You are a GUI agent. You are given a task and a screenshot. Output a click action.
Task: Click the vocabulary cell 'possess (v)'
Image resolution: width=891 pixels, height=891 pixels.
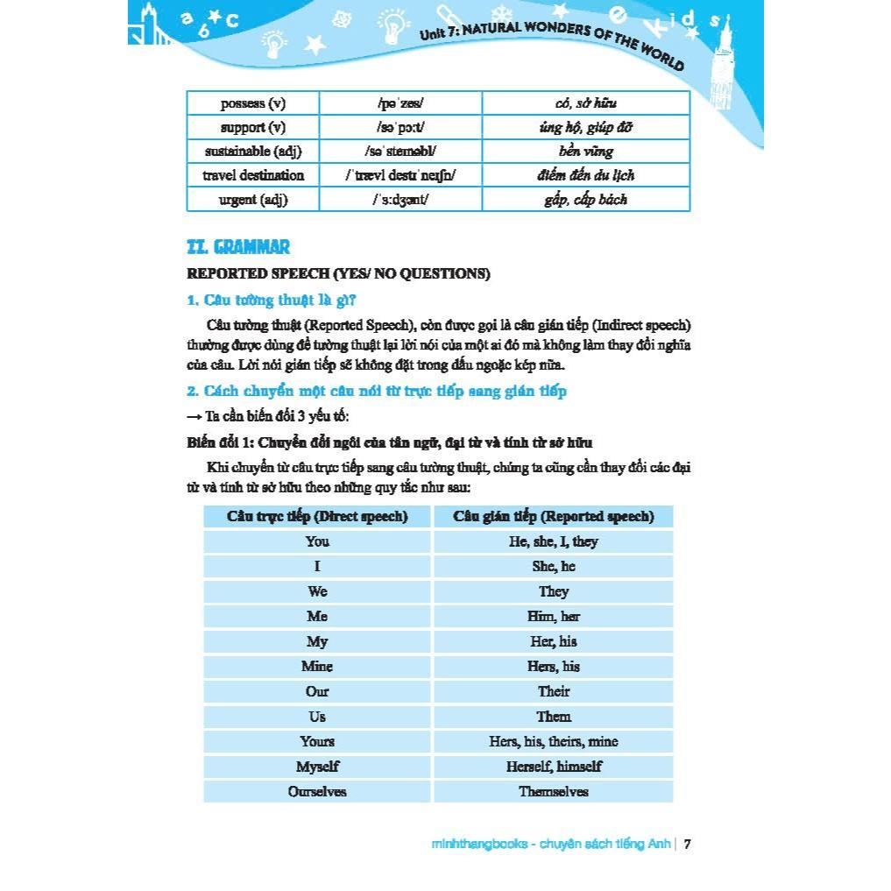point(253,103)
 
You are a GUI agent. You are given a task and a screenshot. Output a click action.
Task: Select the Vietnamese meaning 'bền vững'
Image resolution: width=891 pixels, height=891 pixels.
point(585,152)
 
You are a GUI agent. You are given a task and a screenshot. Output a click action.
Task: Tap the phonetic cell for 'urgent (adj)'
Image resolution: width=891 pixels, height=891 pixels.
point(400,200)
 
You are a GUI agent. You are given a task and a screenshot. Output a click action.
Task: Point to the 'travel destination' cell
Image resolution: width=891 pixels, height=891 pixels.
point(253,175)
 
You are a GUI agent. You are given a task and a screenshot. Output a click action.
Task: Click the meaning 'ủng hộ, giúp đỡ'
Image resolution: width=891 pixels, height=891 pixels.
point(585,128)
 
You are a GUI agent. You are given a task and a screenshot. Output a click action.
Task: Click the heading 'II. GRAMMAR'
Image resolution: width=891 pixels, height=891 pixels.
point(238,247)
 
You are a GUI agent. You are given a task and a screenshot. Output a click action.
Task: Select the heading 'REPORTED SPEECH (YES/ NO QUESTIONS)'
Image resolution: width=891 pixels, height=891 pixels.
point(338,273)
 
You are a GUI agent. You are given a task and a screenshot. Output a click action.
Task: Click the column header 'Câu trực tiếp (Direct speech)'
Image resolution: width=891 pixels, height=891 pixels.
point(317,517)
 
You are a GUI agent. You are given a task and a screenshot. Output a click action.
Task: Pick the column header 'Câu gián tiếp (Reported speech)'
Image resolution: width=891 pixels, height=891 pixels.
point(554,517)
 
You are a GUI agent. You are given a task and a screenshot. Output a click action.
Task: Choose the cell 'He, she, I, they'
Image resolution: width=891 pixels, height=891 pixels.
point(554,541)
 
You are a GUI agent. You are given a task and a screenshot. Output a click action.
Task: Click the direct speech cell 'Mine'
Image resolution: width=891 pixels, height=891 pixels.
point(317,667)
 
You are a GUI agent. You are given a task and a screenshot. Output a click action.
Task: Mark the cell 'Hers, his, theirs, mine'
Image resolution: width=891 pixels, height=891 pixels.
point(554,742)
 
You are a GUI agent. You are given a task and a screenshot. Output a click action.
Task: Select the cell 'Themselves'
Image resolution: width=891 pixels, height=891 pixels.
point(554,792)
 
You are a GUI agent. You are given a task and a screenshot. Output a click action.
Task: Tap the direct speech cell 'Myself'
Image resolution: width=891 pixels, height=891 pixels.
point(317,767)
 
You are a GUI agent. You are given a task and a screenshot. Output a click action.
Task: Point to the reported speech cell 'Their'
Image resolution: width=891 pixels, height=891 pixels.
point(554,692)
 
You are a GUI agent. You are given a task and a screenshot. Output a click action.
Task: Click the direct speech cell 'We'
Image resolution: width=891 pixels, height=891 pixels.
point(317,591)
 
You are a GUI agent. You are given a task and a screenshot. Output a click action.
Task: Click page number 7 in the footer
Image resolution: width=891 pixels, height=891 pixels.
point(688,845)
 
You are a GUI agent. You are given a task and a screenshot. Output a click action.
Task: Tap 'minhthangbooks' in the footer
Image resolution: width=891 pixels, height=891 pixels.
point(479,845)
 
